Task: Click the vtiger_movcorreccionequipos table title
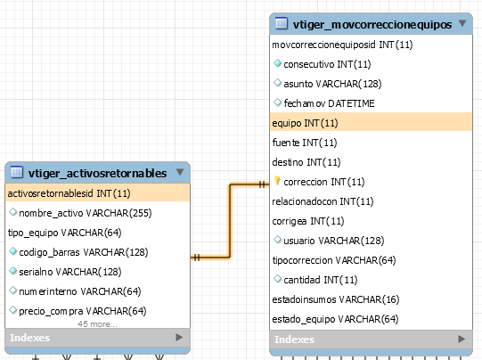(x=372, y=25)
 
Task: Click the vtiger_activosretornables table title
(x=97, y=174)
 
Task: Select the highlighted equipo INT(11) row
(x=371, y=123)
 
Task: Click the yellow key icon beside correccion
(x=277, y=181)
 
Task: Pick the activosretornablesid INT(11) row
(x=97, y=193)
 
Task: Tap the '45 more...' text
(x=97, y=324)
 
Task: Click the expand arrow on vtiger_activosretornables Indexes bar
(x=179, y=338)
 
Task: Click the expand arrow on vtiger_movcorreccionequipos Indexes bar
(x=462, y=340)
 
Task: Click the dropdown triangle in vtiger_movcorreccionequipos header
(x=462, y=23)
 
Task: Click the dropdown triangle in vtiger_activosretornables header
(x=180, y=172)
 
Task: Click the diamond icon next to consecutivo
(x=278, y=63)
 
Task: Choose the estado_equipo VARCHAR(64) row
(x=335, y=319)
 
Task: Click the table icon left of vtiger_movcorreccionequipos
(x=282, y=23)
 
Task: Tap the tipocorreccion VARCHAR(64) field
(x=334, y=260)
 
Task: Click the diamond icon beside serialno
(x=12, y=271)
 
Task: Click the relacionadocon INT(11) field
(x=323, y=201)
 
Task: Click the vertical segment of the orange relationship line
(x=230, y=221)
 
